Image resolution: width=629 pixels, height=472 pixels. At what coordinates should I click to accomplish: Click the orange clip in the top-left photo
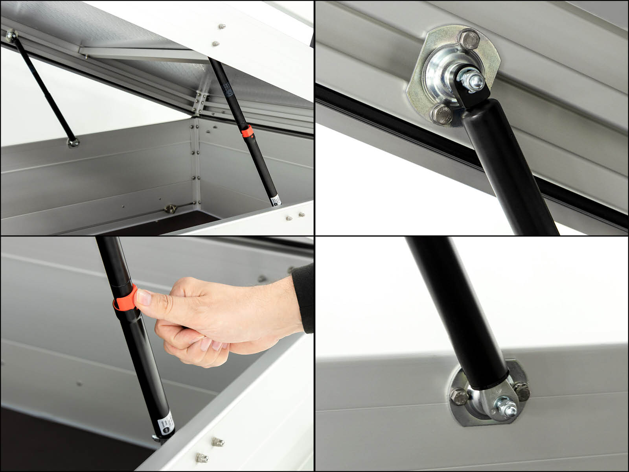click(247, 132)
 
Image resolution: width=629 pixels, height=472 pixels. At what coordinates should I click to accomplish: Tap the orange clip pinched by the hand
click(125, 299)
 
